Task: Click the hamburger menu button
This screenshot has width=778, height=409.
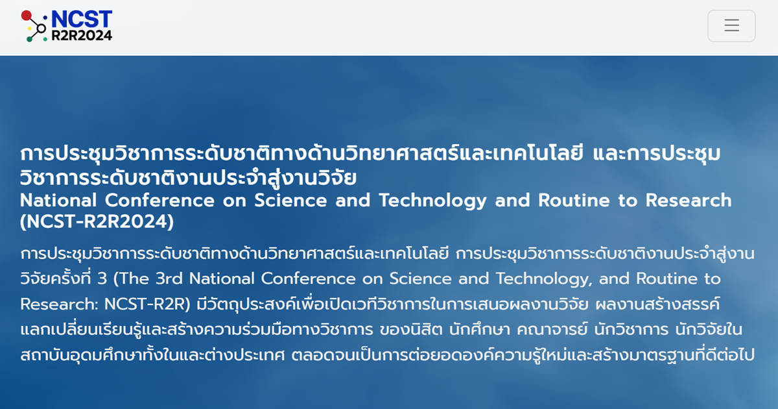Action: [x=731, y=26]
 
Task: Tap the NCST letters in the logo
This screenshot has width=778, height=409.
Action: [x=81, y=20]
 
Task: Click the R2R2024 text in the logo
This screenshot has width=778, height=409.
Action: [x=82, y=35]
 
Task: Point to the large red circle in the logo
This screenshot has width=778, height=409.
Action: [x=27, y=16]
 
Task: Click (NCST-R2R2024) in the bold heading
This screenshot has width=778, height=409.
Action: [x=97, y=222]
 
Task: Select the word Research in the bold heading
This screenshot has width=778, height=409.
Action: [x=688, y=200]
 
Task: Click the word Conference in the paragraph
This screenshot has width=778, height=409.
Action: [x=309, y=279]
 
